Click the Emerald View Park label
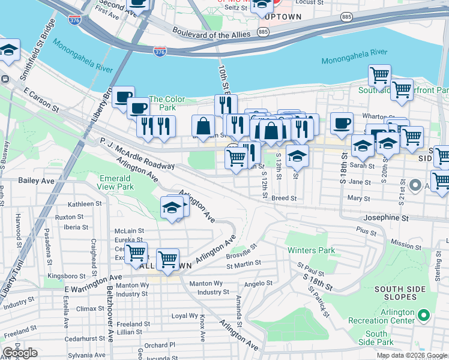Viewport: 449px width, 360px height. (116, 182)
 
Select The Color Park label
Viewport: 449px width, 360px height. (167, 103)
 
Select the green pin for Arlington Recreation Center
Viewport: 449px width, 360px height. (424, 314)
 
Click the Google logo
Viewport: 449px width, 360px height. (20, 353)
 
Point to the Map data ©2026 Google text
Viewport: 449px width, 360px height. (411, 355)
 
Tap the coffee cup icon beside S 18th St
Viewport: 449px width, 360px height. (342, 123)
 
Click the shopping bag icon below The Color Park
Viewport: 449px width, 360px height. (203, 125)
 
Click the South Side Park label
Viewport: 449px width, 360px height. (376, 337)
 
